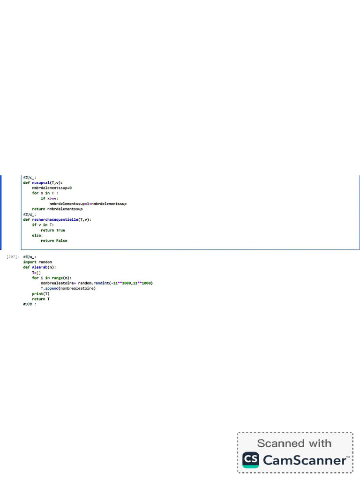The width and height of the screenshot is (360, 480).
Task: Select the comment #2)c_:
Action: pos(30,178)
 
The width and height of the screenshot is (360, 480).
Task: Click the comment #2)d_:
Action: pos(30,214)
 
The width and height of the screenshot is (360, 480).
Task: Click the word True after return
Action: pos(60,230)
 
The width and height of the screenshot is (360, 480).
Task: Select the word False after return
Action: pos(61,240)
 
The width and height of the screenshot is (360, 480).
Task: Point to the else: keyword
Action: pos(37,235)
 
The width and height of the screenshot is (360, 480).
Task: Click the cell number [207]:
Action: pos(13,257)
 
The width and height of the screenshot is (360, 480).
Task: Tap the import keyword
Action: pos(30,262)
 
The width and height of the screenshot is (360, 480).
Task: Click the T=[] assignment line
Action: pos(37,272)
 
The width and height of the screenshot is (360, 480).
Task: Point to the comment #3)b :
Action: pos(30,304)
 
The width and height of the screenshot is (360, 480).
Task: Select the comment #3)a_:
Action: pos(30,257)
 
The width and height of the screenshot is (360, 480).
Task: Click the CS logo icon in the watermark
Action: pos(250,460)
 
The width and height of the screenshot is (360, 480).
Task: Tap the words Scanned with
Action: pos(294,443)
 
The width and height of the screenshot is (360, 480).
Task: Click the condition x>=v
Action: pos(52,198)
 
